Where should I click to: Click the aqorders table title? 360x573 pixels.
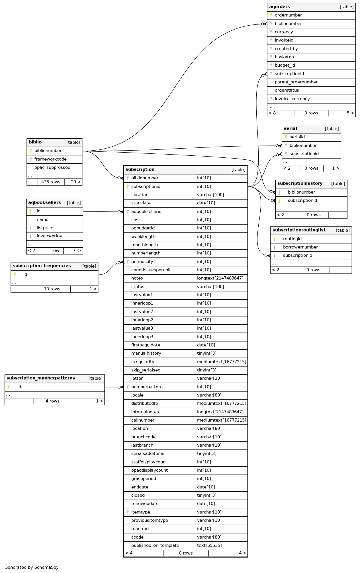[279, 7]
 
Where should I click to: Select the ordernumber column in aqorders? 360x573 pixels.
[288, 15]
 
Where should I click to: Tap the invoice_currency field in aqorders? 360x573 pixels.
[292, 99]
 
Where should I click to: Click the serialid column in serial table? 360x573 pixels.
[297, 137]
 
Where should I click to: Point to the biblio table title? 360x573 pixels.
[35, 142]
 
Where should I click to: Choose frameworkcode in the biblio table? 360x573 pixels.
[50, 159]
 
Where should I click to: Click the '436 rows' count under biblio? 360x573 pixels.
[51, 182]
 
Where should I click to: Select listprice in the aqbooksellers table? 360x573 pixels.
[45, 228]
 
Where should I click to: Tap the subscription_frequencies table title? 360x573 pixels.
[42, 266]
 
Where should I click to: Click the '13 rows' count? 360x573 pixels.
[52, 289]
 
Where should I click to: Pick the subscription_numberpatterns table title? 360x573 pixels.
[40, 378]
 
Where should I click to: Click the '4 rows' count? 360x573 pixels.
[52, 401]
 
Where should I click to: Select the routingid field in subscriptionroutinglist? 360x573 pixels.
[292, 239]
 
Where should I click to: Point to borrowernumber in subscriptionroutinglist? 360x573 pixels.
[300, 247]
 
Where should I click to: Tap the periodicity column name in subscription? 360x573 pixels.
[142, 262]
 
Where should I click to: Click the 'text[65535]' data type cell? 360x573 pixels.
[209, 546]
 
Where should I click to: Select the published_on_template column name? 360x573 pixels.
[155, 546]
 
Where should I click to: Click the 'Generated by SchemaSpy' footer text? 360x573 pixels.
[32, 567]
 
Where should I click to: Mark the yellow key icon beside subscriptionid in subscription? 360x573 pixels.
[128, 187]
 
